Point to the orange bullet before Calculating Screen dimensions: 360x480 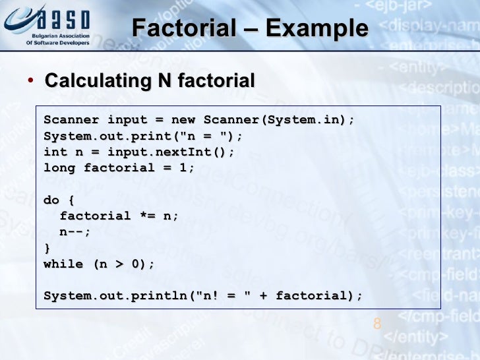[x=30, y=81]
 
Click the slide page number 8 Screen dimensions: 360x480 [x=377, y=323]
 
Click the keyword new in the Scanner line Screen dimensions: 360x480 [x=183, y=120]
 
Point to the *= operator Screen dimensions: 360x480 [x=147, y=216]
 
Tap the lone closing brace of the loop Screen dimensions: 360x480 [x=47, y=248]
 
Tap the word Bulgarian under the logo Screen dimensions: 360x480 [x=43, y=36]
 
